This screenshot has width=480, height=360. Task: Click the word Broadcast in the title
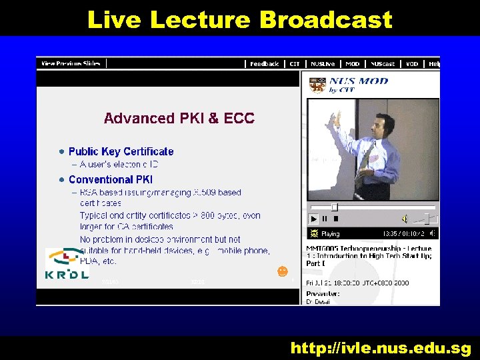click(x=325, y=19)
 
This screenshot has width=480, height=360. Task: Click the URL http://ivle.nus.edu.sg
click(x=380, y=347)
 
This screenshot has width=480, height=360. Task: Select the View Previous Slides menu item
click(x=71, y=63)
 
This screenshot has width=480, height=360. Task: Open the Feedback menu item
click(x=264, y=64)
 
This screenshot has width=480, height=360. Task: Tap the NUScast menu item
click(x=383, y=64)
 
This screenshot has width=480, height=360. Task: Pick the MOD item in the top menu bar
click(x=352, y=64)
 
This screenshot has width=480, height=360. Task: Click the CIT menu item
click(x=295, y=64)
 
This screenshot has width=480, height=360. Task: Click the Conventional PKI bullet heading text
click(x=111, y=179)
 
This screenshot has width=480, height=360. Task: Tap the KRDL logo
click(x=67, y=264)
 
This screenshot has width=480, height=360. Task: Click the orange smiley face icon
click(x=283, y=271)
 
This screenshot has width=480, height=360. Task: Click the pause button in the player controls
click(x=325, y=219)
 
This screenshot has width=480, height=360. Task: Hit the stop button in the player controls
click(x=335, y=219)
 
